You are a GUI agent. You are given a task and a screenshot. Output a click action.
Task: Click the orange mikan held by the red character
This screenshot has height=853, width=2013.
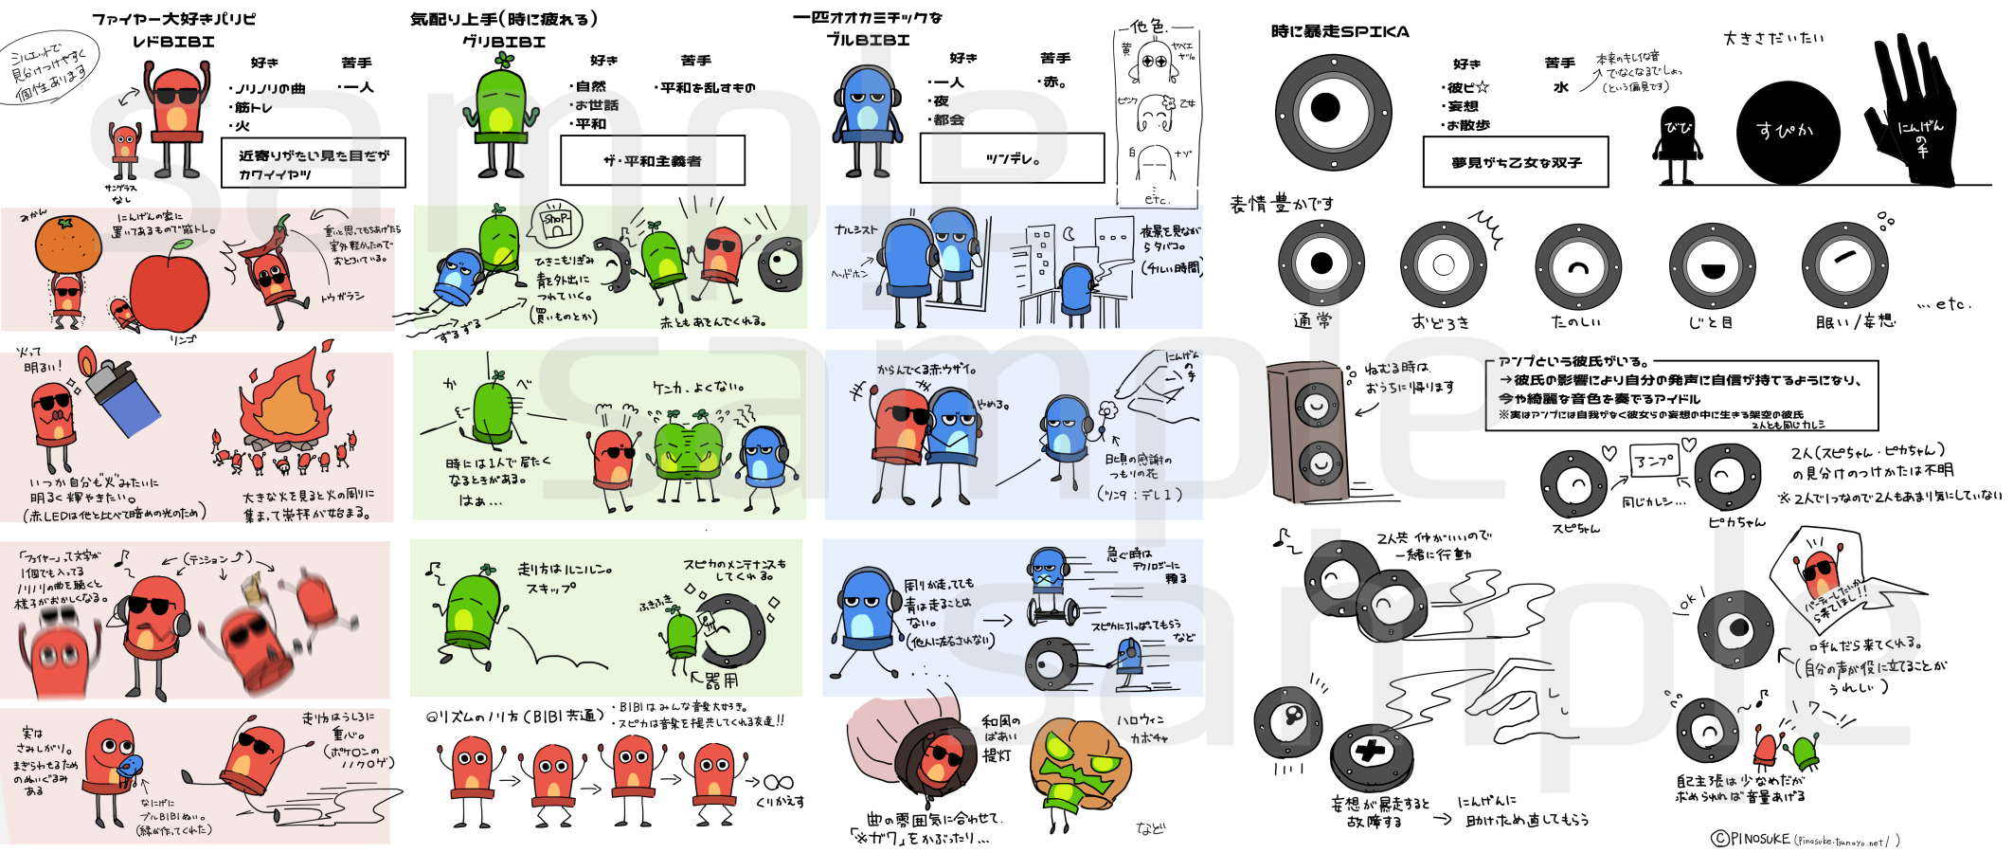67,244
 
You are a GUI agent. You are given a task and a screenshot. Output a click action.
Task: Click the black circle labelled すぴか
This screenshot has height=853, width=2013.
1787,132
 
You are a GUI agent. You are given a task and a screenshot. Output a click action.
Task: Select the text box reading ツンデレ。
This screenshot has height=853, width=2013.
1012,158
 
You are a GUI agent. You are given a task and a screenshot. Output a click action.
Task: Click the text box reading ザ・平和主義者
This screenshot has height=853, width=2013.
652,161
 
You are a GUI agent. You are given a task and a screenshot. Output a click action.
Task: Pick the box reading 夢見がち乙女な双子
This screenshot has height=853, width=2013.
1516,162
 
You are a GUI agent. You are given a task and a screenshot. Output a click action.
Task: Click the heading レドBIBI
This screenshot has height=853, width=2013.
173,42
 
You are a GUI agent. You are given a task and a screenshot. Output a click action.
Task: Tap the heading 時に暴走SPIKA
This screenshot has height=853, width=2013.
1339,31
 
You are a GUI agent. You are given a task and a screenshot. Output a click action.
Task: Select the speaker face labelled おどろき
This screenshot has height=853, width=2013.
1443,265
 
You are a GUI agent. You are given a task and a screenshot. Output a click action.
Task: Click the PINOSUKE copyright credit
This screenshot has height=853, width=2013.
1804,839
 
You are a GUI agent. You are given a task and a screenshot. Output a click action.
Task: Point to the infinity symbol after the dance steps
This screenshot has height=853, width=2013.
778,782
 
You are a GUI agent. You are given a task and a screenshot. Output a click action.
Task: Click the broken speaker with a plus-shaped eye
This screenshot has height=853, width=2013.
1371,753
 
